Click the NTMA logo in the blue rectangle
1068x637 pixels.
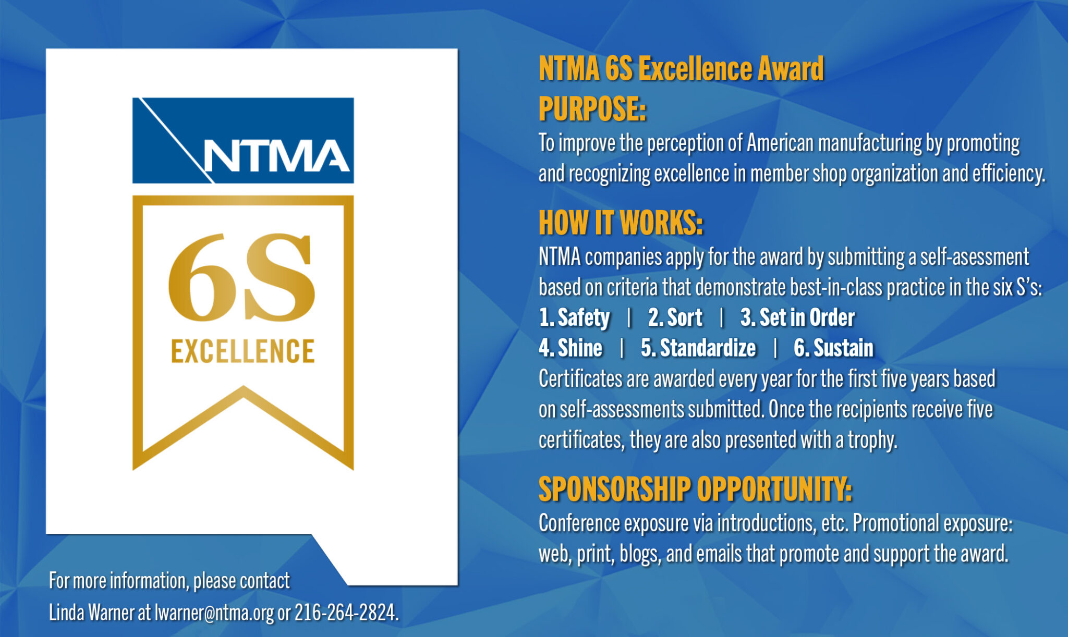tap(243, 141)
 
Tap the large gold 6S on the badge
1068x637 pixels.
tap(241, 277)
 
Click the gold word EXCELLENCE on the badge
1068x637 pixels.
tap(243, 351)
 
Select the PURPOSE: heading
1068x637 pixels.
tap(592, 109)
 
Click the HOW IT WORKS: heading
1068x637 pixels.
tap(621, 223)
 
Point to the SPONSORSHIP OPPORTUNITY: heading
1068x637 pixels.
tap(695, 489)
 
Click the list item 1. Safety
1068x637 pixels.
tap(574, 317)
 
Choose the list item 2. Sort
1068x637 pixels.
tap(675, 317)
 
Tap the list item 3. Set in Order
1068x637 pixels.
tap(797, 317)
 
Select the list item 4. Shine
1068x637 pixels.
tap(571, 348)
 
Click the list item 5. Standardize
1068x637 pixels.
tap(698, 348)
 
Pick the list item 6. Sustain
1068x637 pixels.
tap(833, 348)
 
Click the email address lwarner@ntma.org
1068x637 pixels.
tap(214, 612)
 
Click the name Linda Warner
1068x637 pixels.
tap(92, 612)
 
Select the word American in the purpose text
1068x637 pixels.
tap(780, 143)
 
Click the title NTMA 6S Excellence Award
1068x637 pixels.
tap(681, 69)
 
